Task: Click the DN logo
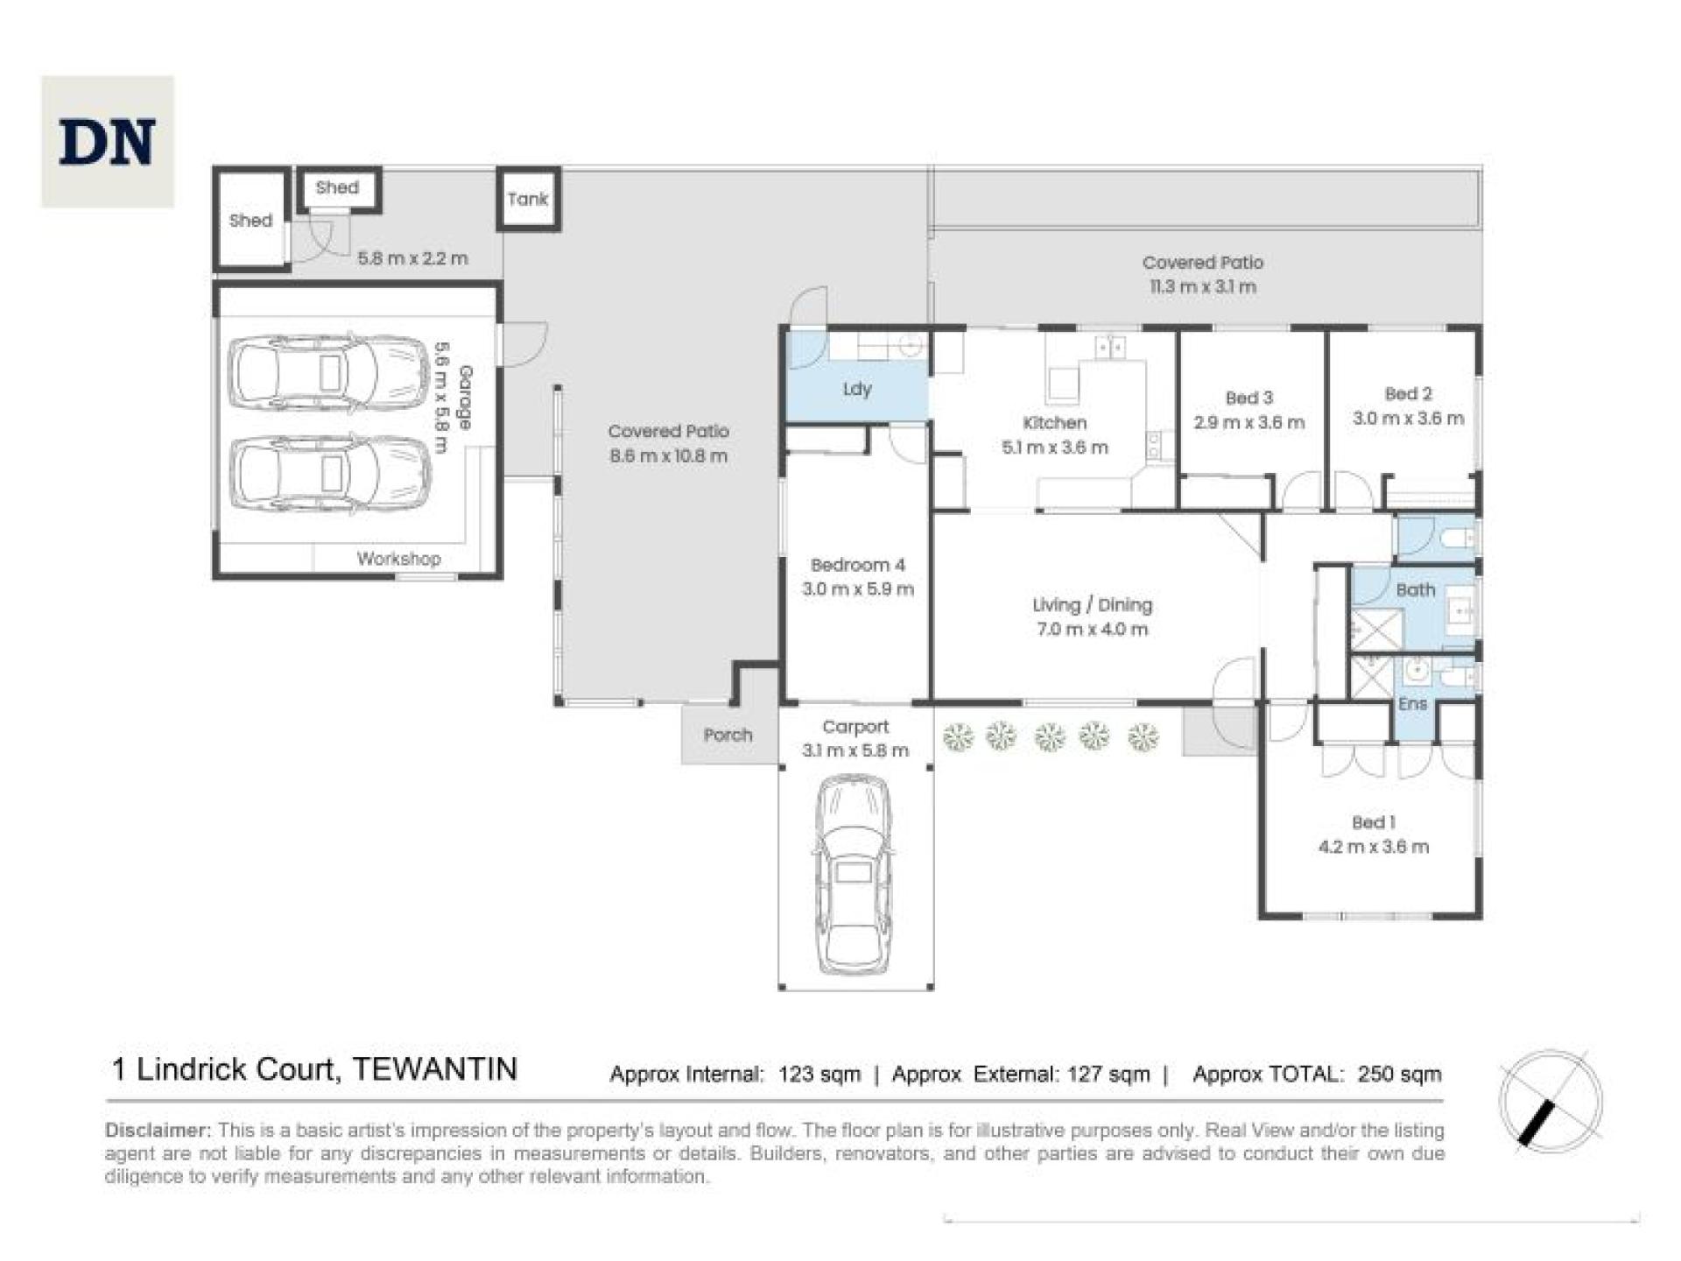tap(108, 142)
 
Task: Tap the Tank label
tap(527, 200)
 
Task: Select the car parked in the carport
tap(854, 874)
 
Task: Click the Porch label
tap(728, 736)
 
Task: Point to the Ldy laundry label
tap(856, 389)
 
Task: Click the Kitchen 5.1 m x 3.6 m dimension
tap(1054, 447)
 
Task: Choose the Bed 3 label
tap(1248, 398)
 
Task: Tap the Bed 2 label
tap(1408, 394)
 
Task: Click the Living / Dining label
tap(1092, 605)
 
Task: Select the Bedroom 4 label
tap(857, 566)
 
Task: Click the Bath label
tap(1415, 590)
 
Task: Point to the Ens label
tap(1412, 704)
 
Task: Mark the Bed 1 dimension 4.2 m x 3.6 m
tap(1373, 847)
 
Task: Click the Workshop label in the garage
tap(398, 559)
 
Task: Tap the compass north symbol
tap(1550, 1101)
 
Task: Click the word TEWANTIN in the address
tap(434, 1069)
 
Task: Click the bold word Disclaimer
tap(158, 1131)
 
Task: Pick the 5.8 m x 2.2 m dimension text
tap(412, 259)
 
